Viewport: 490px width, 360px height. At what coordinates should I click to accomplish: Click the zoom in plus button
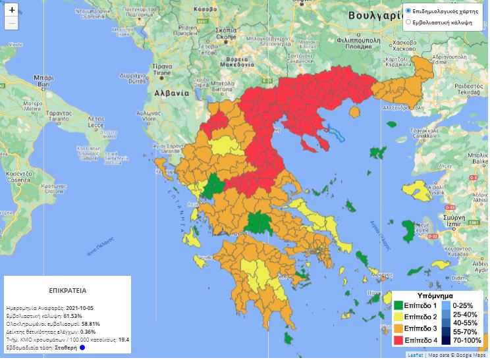(x=12, y=10)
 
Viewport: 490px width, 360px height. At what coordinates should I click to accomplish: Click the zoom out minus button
(x=12, y=24)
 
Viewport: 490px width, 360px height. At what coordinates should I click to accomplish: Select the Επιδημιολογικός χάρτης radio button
(x=408, y=11)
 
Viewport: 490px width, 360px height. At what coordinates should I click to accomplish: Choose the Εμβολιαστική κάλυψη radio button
(x=408, y=22)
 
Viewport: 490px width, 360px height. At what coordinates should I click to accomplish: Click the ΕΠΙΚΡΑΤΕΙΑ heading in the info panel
(x=68, y=290)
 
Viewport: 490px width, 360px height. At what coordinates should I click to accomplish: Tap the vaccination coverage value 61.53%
(x=72, y=316)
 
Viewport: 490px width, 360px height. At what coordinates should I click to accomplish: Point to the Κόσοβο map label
(x=205, y=9)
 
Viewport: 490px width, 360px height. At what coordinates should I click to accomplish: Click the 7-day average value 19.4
(x=124, y=339)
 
